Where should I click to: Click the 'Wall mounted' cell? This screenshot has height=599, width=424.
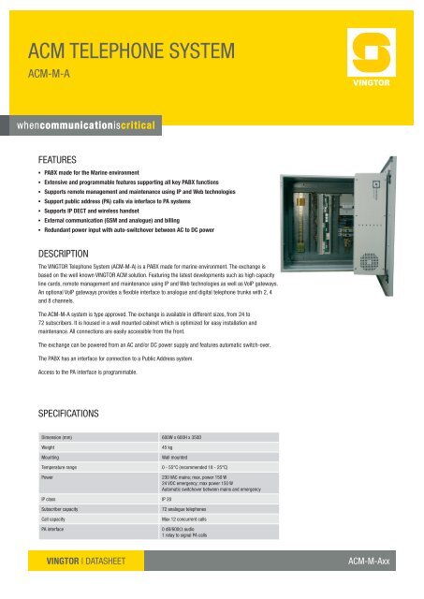(177, 460)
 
